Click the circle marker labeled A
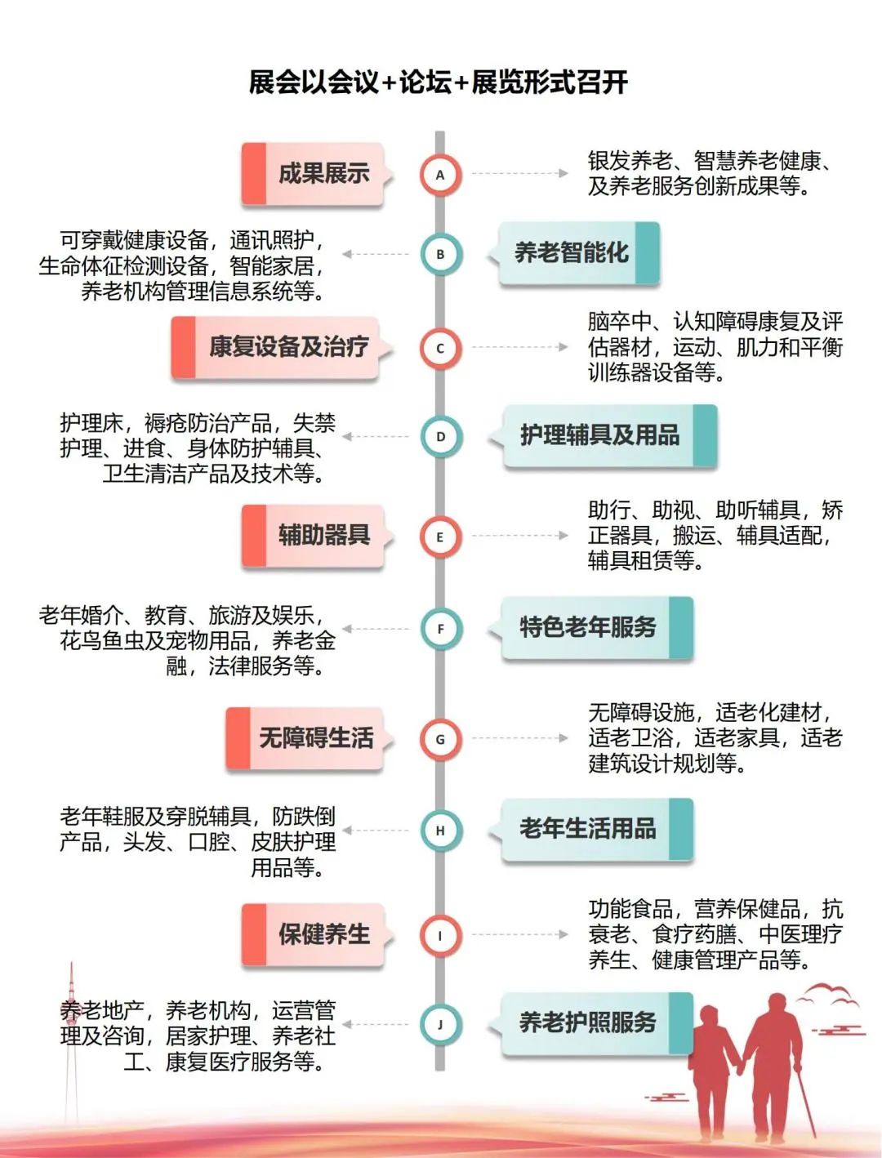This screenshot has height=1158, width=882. click(440, 174)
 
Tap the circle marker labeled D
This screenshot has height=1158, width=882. click(440, 437)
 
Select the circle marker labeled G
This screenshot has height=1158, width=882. click(440, 740)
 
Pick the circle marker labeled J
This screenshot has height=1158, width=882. click(440, 1025)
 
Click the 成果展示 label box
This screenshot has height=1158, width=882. click(314, 174)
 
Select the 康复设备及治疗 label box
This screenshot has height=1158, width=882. click(278, 347)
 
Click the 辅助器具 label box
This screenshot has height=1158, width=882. click(314, 536)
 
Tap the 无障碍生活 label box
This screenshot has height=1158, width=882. click(306, 739)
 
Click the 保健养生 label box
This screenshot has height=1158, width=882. click(314, 934)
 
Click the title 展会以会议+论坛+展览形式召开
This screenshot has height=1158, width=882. click(439, 82)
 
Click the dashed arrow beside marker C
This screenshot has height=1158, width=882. click(519, 347)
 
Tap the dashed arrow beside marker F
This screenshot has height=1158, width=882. click(376, 629)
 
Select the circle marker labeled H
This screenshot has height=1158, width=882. click(440, 831)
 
